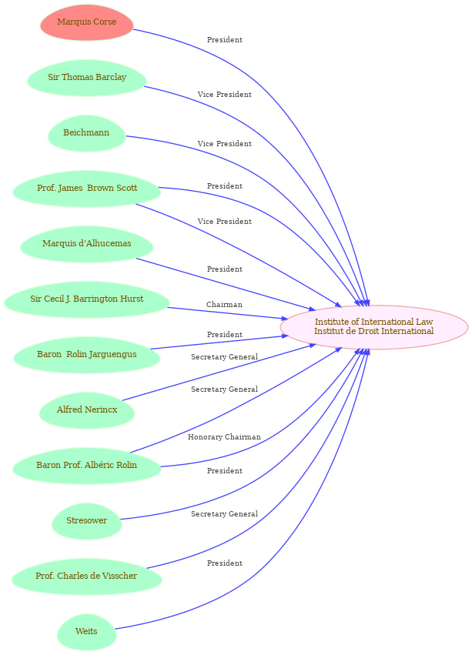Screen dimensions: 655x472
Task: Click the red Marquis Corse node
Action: pyautogui.click(x=87, y=22)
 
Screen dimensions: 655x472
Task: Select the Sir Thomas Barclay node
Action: pyautogui.click(x=87, y=78)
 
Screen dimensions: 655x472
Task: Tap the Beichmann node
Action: pyautogui.click(x=86, y=133)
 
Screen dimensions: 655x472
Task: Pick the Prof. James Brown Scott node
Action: pyautogui.click(x=87, y=189)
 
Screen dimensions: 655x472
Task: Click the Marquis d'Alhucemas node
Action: pyautogui.click(x=87, y=244)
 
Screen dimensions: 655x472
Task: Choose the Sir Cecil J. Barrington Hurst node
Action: pyautogui.click(x=86, y=299)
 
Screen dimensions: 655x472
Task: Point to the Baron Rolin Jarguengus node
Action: pyautogui.click(x=87, y=355)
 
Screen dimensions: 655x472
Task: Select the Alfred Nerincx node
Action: pyautogui.click(x=87, y=410)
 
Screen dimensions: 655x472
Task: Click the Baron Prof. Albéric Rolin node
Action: pyautogui.click(x=87, y=466)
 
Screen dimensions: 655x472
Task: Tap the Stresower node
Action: pyautogui.click(x=87, y=521)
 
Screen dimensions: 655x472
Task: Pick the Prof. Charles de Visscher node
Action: pyautogui.click(x=87, y=576)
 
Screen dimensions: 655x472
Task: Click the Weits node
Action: pyautogui.click(x=86, y=632)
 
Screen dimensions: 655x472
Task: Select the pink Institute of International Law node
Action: pyautogui.click(x=374, y=326)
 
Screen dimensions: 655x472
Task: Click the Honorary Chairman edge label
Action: pyautogui.click(x=224, y=437)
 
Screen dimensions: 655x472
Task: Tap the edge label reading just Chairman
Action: pyautogui.click(x=224, y=305)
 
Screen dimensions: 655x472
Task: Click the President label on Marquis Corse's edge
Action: pyautogui.click(x=224, y=40)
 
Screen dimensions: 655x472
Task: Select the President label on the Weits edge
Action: pyautogui.click(x=224, y=563)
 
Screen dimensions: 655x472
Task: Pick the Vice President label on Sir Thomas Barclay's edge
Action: pyautogui.click(x=224, y=95)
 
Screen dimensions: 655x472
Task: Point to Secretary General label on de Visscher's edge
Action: pyautogui.click(x=224, y=514)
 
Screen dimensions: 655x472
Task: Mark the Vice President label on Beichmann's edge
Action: pyautogui.click(x=224, y=144)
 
